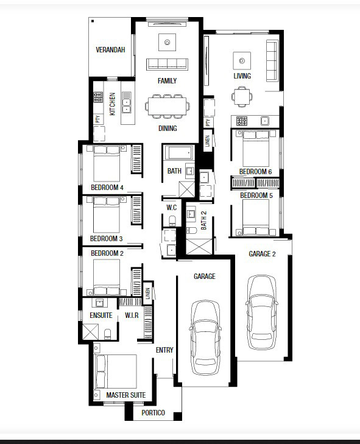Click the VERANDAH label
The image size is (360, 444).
point(110,50)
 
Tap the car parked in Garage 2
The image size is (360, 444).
point(262,312)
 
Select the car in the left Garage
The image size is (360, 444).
point(205,338)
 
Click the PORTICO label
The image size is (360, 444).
point(153,412)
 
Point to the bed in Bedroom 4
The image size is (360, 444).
point(107,163)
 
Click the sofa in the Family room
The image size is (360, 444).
point(167,64)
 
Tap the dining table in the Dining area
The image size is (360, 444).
point(167,107)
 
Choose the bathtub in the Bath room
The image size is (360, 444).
point(178,153)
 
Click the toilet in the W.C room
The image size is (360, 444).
point(172,221)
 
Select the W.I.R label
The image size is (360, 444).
point(132,315)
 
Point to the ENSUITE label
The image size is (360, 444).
point(101,315)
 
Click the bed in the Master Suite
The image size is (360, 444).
point(115,372)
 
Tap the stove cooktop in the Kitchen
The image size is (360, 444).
point(98,97)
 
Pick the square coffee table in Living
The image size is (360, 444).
point(242,60)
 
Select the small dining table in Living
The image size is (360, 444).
point(242,97)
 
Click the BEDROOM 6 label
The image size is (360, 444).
point(255,172)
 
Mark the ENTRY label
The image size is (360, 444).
point(164,350)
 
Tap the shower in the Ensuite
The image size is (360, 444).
point(91,331)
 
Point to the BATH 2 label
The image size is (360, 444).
point(203,220)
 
